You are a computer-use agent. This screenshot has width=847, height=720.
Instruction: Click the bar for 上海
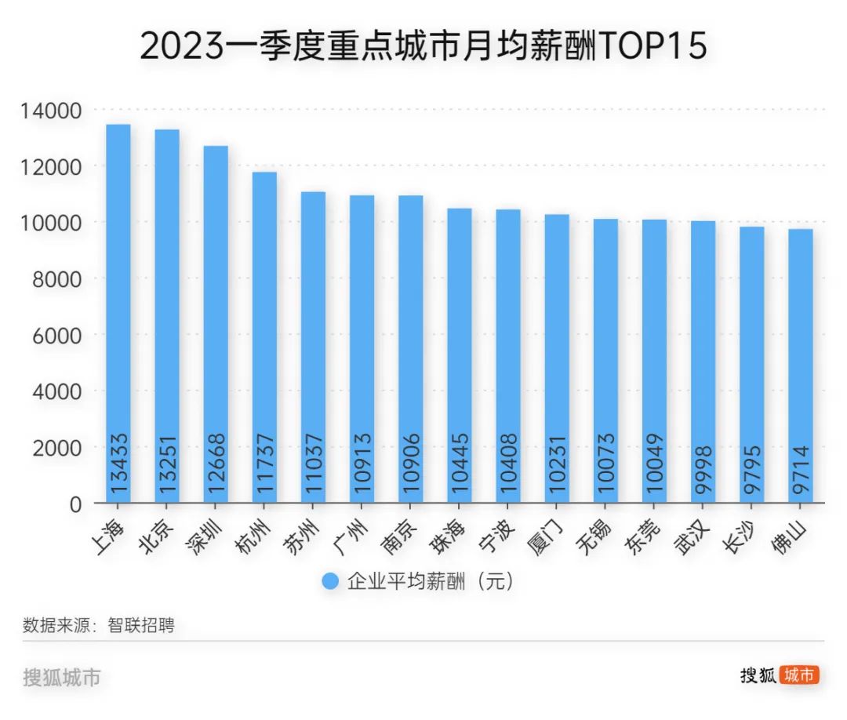click(x=118, y=314)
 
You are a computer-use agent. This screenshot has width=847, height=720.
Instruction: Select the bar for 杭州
click(x=264, y=337)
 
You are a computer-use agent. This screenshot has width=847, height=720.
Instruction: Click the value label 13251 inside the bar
click(x=168, y=464)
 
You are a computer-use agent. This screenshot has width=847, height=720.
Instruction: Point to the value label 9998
click(x=703, y=469)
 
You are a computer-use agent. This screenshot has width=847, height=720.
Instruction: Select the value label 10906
click(x=411, y=464)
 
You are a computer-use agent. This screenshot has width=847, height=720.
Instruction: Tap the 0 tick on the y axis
click(x=75, y=504)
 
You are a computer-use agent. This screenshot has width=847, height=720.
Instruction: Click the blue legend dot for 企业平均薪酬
click(x=331, y=581)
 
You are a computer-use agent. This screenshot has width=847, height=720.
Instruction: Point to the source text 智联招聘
click(x=141, y=625)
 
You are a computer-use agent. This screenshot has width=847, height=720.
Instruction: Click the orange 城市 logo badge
click(x=799, y=675)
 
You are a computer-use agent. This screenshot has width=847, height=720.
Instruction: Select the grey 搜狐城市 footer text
click(x=62, y=677)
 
